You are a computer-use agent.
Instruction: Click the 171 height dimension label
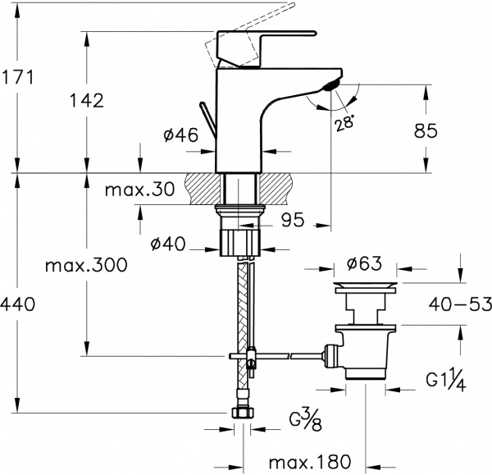click(x=17, y=78)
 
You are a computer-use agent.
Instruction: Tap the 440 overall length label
click(x=17, y=305)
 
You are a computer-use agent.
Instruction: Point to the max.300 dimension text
click(x=85, y=265)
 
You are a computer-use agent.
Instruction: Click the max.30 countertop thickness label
click(x=140, y=190)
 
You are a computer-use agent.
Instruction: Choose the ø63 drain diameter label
click(x=365, y=264)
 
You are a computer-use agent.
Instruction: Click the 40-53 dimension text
click(x=458, y=305)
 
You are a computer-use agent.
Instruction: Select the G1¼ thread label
click(x=447, y=379)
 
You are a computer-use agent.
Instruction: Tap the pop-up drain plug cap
click(x=365, y=288)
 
